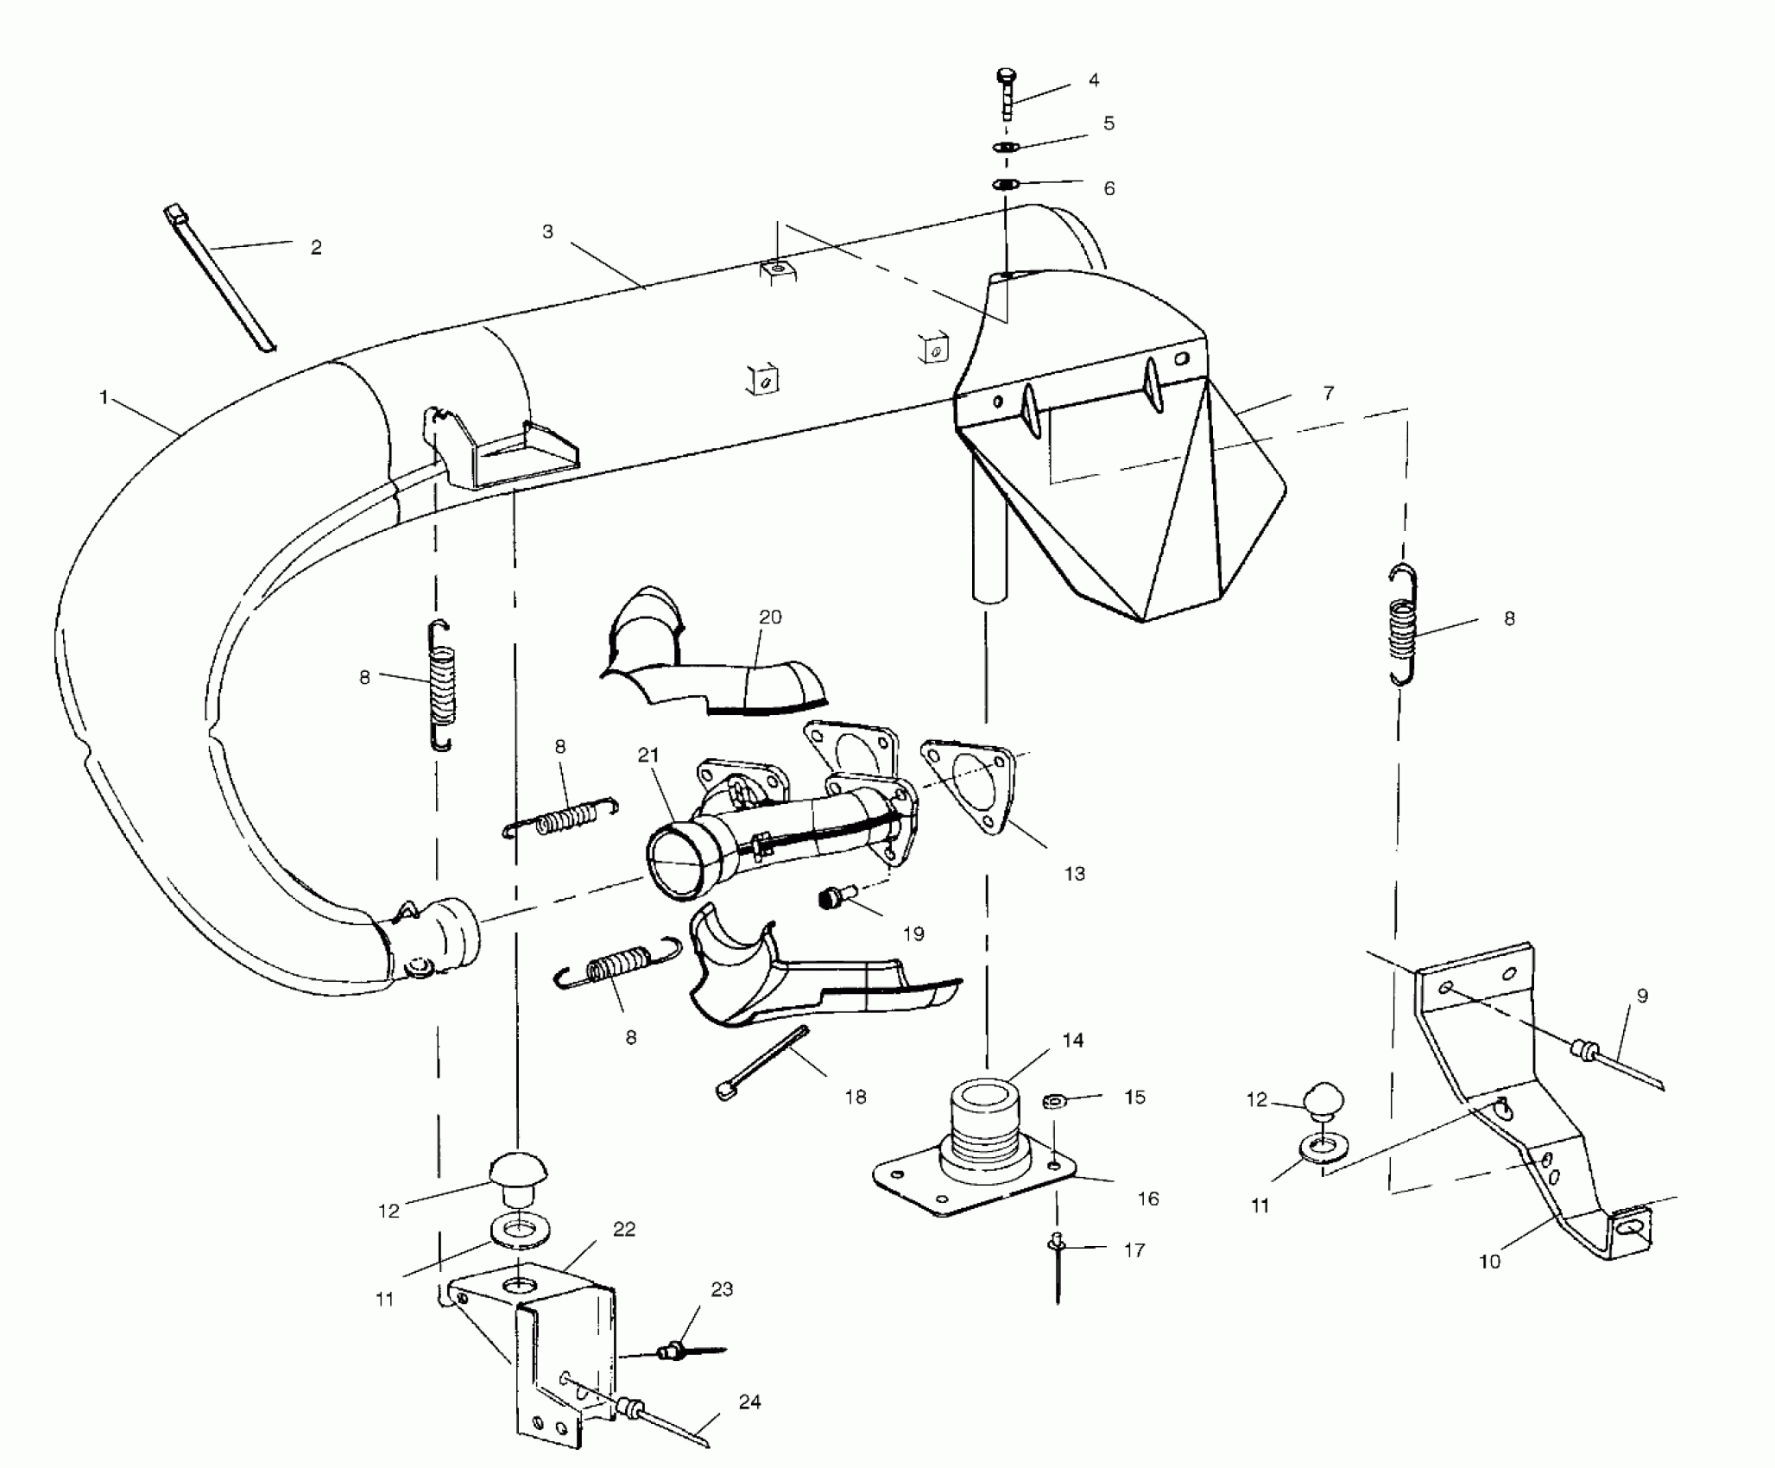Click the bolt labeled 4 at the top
click(1007, 93)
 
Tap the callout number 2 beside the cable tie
click(316, 248)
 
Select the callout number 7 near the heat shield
click(1329, 394)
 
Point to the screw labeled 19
click(833, 899)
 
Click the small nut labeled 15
click(1053, 1101)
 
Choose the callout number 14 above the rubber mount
click(1072, 1041)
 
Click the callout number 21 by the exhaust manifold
click(648, 756)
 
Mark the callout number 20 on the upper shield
click(770, 617)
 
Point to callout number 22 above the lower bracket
click(624, 1229)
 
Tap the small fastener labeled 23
click(673, 1351)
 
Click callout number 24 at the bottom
click(749, 1402)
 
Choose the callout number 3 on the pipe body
click(547, 231)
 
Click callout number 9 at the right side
click(1641, 996)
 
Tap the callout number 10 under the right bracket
click(1489, 1262)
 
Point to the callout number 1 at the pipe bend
click(104, 397)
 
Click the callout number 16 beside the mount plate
click(1148, 1199)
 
